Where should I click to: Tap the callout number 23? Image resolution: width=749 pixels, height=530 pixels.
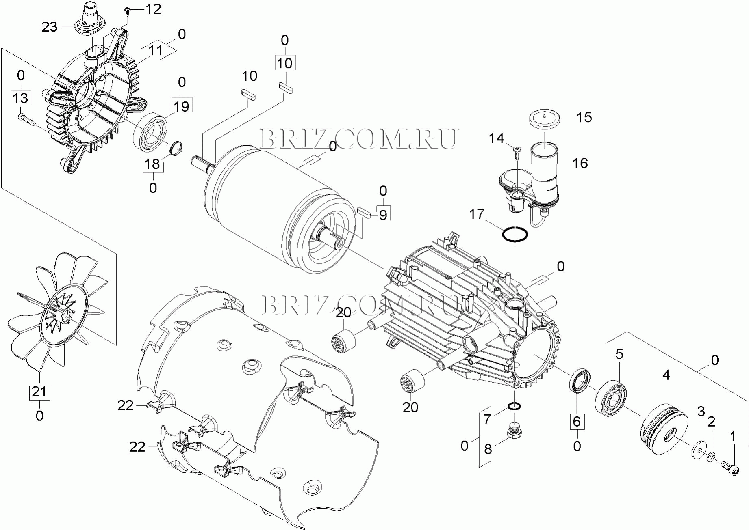50,27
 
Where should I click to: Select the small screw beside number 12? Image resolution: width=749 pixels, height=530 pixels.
127,10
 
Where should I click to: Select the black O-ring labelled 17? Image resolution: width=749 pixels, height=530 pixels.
515,235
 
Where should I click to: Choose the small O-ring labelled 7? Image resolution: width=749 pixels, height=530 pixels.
514,406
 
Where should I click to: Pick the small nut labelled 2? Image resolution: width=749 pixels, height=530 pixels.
712,457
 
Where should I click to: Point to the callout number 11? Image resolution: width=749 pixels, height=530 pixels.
156,50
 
